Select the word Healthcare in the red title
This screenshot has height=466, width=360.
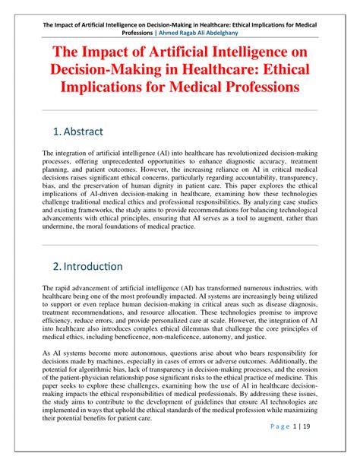pos(213,70)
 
